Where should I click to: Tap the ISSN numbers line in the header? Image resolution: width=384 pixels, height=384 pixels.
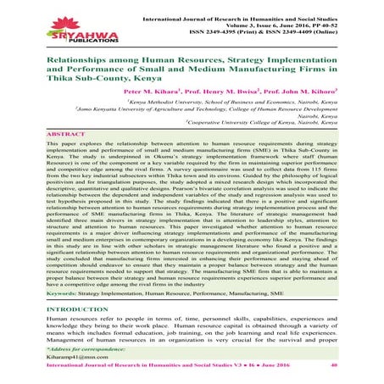[x=279, y=35]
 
